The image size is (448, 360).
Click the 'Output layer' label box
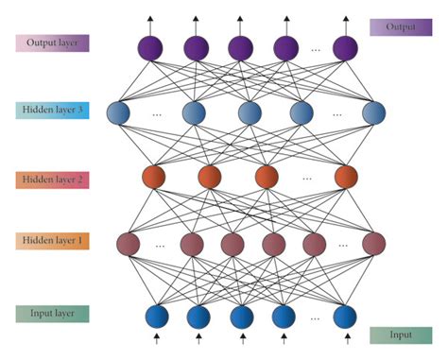click(53, 43)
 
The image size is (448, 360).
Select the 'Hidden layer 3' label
click(53, 111)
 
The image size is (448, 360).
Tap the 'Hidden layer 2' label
click(53, 179)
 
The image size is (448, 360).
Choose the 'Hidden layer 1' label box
click(53, 242)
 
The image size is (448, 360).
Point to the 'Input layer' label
click(53, 313)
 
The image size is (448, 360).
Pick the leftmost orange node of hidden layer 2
click(153, 177)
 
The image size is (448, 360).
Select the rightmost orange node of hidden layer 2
click(346, 177)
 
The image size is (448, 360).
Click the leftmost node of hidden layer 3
click(120, 113)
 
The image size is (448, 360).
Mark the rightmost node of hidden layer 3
click(374, 113)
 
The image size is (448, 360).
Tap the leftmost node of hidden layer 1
click(127, 243)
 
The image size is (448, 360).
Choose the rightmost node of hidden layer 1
click(374, 243)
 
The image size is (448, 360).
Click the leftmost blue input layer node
click(155, 315)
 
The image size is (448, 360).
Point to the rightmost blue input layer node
click(346, 315)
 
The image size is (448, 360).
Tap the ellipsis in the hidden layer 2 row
click(307, 177)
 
